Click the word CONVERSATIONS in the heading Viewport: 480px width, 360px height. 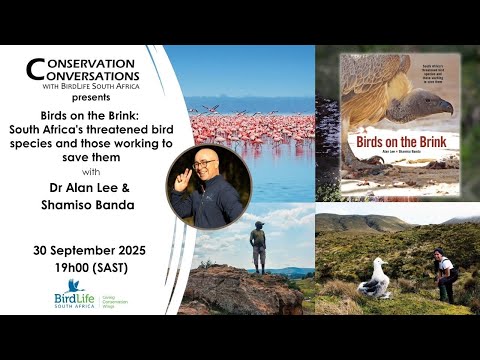tap(90, 78)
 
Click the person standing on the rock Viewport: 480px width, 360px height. tap(259, 244)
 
